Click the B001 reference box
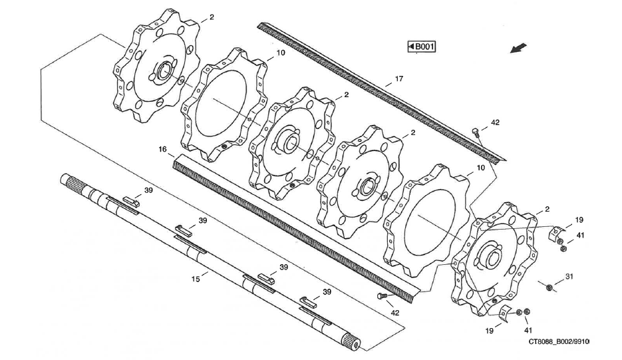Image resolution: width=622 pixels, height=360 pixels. tap(422, 46)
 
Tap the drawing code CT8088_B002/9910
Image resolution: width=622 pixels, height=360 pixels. tap(559, 341)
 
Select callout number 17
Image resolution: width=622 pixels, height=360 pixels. tap(398, 79)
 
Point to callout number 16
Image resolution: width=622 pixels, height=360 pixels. tap(162, 149)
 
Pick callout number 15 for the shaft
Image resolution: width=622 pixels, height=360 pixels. tap(196, 279)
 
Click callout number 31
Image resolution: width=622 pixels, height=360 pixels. tap(569, 276)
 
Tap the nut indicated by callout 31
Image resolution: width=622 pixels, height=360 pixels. tap(547, 287)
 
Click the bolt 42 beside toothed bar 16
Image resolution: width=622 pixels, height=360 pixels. tap(382, 296)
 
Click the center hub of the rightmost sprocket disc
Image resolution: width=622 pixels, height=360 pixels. tap(494, 258)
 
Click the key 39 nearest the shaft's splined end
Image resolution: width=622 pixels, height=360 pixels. tap(130, 202)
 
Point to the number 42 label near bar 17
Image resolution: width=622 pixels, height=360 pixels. tap(495, 122)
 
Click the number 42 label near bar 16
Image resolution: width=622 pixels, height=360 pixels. tap(395, 312)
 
